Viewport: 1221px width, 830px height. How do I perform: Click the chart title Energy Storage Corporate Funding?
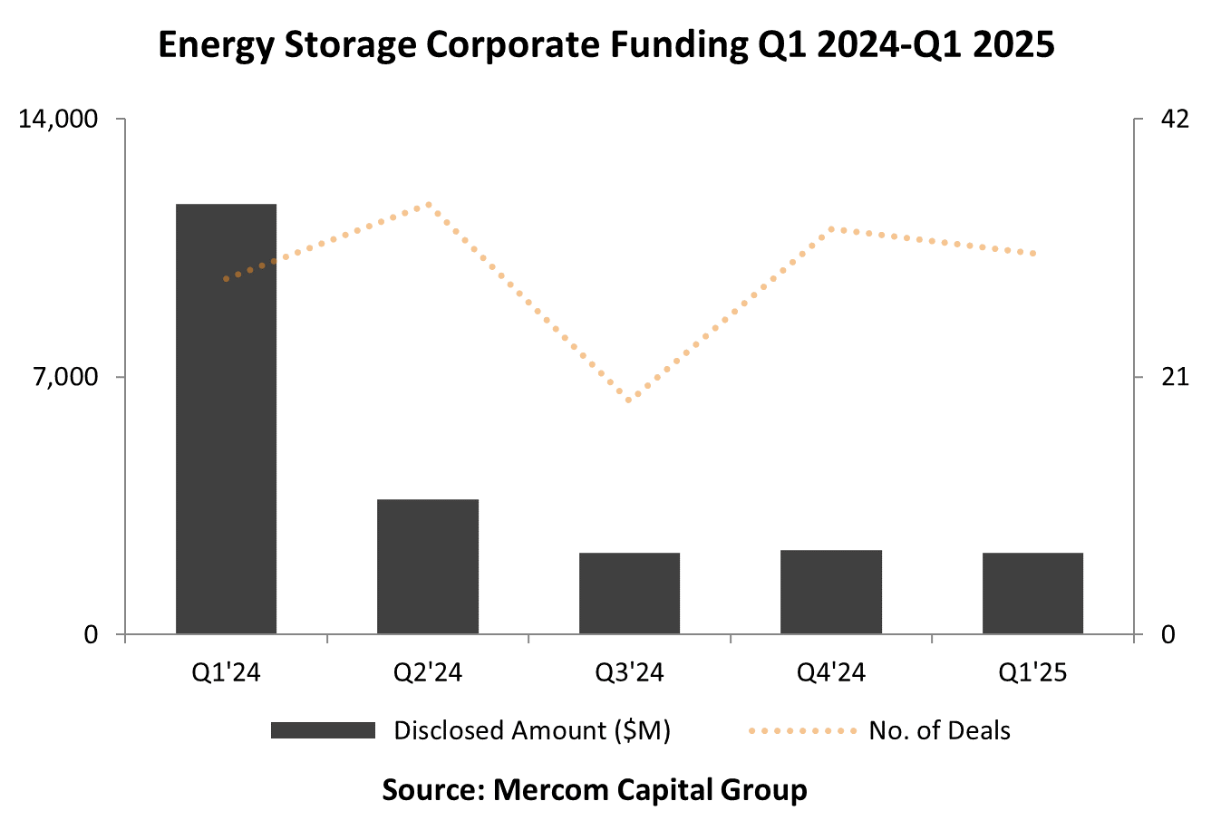pos(606,44)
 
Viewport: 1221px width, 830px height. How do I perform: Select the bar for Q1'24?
pos(226,419)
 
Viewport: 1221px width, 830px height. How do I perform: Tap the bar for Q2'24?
pos(428,566)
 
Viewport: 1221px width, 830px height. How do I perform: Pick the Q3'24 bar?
pos(629,594)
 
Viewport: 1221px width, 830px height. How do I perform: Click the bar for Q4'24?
pos(831,592)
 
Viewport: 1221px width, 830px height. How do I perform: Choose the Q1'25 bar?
pos(1032,594)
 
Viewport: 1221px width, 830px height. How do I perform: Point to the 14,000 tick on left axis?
pos(58,120)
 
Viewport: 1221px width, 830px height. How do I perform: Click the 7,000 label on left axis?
pos(65,377)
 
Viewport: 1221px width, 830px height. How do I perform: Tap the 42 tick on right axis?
pos(1175,120)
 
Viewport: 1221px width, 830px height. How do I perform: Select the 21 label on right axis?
pos(1175,377)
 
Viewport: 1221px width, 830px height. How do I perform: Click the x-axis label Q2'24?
pos(428,672)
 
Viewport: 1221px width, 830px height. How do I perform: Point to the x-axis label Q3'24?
pos(629,672)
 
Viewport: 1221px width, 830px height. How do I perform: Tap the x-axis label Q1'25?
pos(1032,672)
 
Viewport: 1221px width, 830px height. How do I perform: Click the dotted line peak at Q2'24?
pos(429,205)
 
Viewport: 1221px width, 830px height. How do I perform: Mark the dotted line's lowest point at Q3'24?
pos(629,400)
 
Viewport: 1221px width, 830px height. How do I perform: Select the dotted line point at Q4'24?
pos(831,229)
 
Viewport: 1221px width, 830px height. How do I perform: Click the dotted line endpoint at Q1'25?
pos(1033,254)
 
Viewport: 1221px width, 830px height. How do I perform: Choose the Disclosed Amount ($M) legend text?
pos(532,730)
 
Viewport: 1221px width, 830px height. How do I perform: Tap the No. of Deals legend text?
pos(939,730)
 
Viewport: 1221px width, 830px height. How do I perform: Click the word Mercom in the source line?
pos(545,789)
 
